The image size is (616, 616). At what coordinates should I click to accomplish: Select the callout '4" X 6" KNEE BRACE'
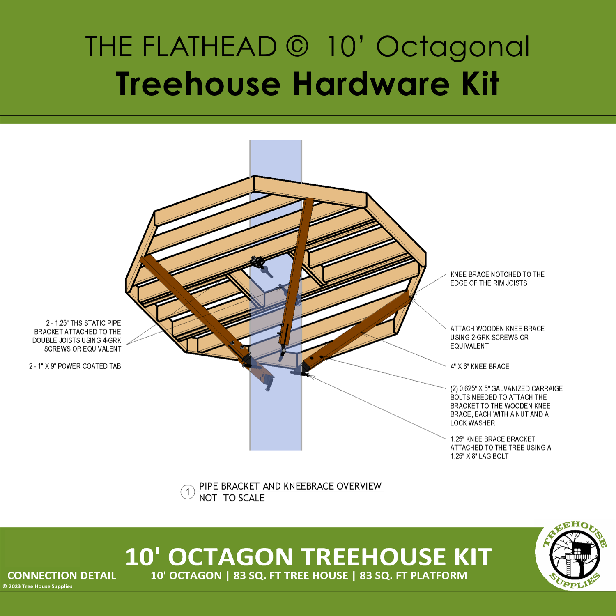tap(480, 366)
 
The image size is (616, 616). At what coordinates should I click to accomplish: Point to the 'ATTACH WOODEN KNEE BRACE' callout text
tap(497, 337)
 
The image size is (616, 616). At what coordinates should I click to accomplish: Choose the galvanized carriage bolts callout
tap(506, 406)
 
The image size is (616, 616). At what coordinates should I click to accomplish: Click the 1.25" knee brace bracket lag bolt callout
tap(501, 448)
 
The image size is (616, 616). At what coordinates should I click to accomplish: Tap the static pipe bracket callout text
tap(77, 336)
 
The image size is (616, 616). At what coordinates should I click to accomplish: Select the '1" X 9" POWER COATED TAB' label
tap(75, 366)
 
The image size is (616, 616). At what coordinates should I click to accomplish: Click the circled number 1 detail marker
tap(188, 492)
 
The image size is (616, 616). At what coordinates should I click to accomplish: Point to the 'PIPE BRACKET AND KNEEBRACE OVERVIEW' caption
tap(290, 486)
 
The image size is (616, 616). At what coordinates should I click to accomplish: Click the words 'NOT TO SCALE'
tap(232, 498)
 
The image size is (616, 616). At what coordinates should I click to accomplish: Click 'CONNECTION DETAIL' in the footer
tap(62, 576)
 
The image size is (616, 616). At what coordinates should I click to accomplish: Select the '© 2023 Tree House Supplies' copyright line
tap(37, 586)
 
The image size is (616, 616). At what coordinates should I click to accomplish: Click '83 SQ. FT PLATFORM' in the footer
tap(413, 576)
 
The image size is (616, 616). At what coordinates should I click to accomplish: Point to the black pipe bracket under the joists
tap(258, 261)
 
